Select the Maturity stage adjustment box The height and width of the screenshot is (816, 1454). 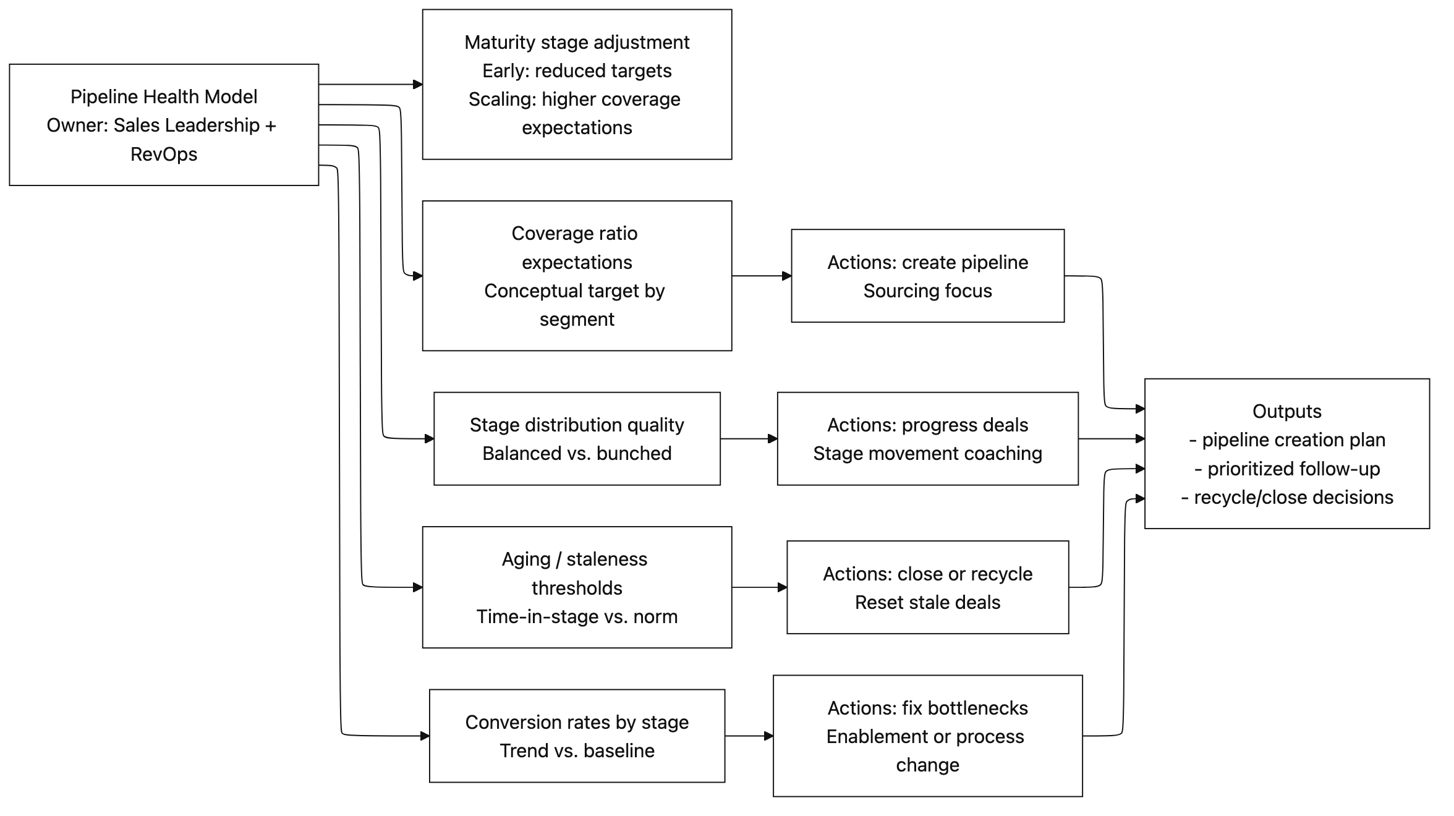(577, 84)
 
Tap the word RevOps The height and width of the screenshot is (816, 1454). (164, 154)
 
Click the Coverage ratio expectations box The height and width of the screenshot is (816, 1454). (577, 276)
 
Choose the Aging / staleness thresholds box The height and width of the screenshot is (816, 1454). (577, 587)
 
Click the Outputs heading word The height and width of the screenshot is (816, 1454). (1286, 411)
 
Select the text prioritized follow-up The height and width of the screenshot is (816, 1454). (1293, 469)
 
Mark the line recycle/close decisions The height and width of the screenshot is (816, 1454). (1293, 497)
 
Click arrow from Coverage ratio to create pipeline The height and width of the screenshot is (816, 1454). (761, 276)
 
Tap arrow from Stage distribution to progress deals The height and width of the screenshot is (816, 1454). (748, 439)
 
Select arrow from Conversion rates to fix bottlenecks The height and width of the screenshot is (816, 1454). (748, 736)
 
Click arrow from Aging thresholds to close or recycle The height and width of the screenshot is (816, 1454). (759, 587)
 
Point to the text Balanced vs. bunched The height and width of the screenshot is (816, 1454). (577, 453)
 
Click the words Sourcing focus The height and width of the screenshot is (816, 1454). (927, 291)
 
